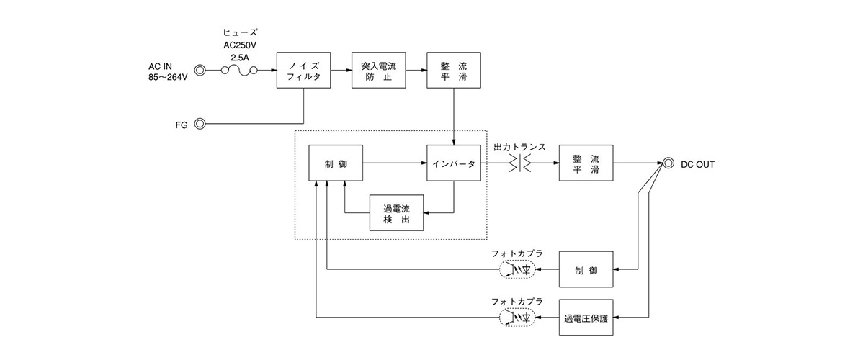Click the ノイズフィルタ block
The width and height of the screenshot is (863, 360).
303,70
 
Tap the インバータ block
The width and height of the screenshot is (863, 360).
453,163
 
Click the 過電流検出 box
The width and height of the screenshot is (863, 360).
396,213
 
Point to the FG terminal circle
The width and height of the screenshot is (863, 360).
200,124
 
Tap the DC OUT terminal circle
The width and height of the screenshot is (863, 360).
667,163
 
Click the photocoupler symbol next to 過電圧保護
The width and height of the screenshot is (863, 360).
518,317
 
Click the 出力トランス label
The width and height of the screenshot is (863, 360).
519,147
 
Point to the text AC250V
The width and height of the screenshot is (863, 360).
240,43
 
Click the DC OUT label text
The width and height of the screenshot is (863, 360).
697,164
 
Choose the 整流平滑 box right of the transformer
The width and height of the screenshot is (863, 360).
586,163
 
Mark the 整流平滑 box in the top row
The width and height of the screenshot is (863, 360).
453,70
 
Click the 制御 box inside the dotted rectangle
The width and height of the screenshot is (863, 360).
336,163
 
